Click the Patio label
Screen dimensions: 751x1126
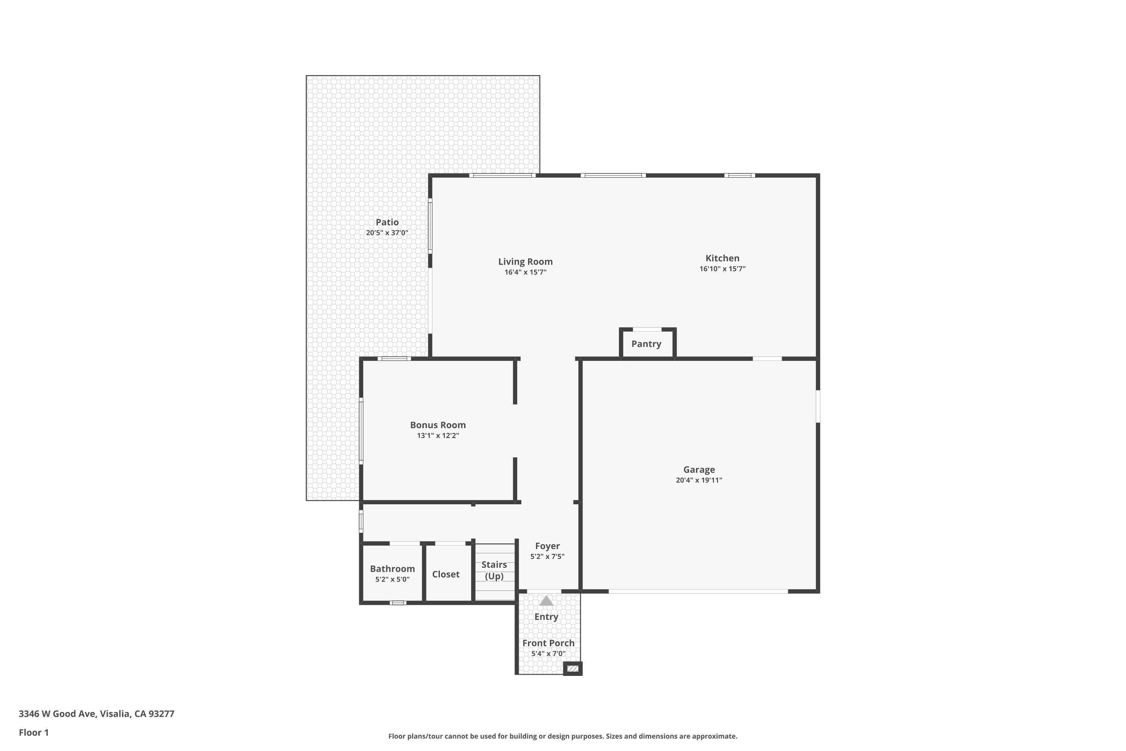[387, 222]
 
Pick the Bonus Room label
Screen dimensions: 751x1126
[438, 425]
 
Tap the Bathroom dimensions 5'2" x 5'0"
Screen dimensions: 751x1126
[392, 579]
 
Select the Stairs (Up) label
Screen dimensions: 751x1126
[494, 570]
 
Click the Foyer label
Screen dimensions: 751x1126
[547, 546]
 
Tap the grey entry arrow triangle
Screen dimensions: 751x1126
[546, 601]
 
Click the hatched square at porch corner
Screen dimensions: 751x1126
[573, 668]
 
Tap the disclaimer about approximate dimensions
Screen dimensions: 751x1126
[563, 736]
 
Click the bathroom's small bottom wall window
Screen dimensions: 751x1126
[398, 603]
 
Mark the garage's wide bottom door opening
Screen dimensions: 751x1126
[698, 591]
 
